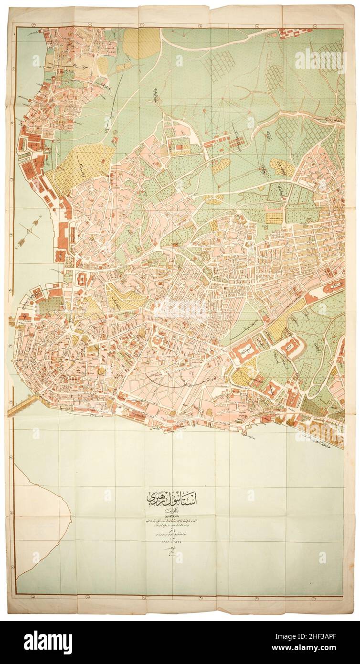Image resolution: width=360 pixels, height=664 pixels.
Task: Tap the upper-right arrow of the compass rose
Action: click(x=38, y=223)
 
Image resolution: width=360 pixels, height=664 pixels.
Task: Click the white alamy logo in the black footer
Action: click(x=48, y=642)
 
